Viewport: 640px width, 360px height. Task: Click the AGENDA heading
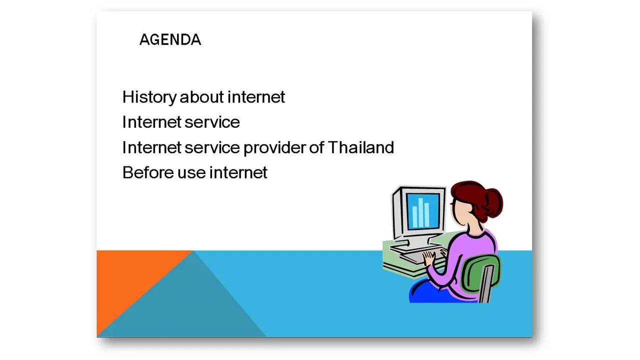pos(170,39)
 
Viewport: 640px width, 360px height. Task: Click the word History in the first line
pos(149,97)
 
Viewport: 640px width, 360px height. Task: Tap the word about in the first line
pos(201,97)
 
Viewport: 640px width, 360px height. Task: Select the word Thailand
pos(361,147)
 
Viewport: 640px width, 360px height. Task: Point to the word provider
pos(274,148)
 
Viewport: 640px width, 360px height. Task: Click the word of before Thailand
pos(316,147)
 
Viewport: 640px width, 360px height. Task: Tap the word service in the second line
pos(212,122)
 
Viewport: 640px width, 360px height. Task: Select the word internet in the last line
pos(238,172)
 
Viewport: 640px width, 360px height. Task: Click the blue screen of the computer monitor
pos(423,211)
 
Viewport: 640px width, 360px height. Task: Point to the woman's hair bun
pos(493,203)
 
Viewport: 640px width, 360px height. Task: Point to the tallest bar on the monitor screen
pos(420,212)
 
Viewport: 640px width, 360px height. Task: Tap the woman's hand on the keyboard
pos(428,258)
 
